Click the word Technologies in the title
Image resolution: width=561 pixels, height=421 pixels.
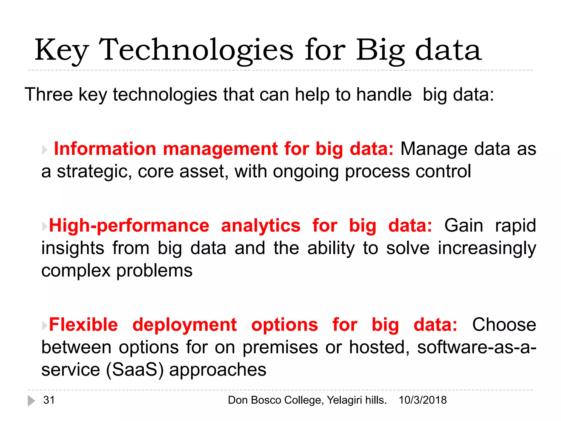(196, 50)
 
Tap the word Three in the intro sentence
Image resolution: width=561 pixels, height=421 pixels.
(48, 95)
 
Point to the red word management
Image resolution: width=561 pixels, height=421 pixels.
(220, 149)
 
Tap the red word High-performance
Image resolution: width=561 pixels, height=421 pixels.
(129, 226)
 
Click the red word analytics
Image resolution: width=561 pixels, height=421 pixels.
(261, 226)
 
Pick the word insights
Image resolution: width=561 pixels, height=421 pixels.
(73, 248)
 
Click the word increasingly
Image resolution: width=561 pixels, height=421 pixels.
(487, 248)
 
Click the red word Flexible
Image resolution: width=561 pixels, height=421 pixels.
(83, 325)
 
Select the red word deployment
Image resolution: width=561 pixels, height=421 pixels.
(184, 325)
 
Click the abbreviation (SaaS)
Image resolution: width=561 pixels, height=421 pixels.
(134, 370)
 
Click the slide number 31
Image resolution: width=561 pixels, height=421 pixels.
(49, 400)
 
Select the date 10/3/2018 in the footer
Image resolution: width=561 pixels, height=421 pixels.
(423, 400)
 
